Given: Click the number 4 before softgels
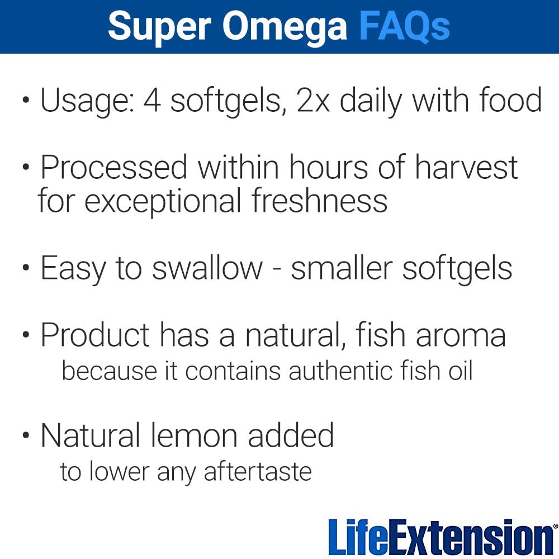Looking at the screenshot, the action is coord(152,101).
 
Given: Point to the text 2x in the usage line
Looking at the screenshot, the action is coord(312,101).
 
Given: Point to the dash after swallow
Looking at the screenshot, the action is coord(276,269).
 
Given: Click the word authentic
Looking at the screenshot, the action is coord(340,371).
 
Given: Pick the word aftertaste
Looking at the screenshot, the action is coord(258,471).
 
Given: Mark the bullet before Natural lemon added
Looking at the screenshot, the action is coord(26,435).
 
